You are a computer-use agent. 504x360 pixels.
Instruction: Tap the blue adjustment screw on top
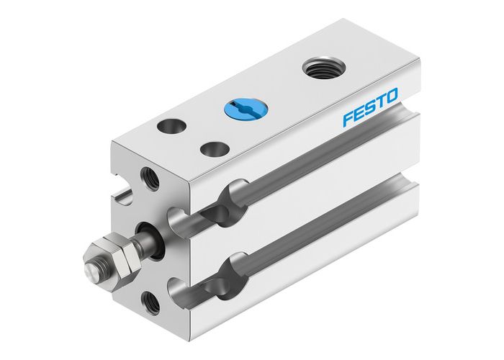click(x=246, y=109)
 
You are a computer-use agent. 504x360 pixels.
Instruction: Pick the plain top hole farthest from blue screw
click(x=171, y=126)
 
